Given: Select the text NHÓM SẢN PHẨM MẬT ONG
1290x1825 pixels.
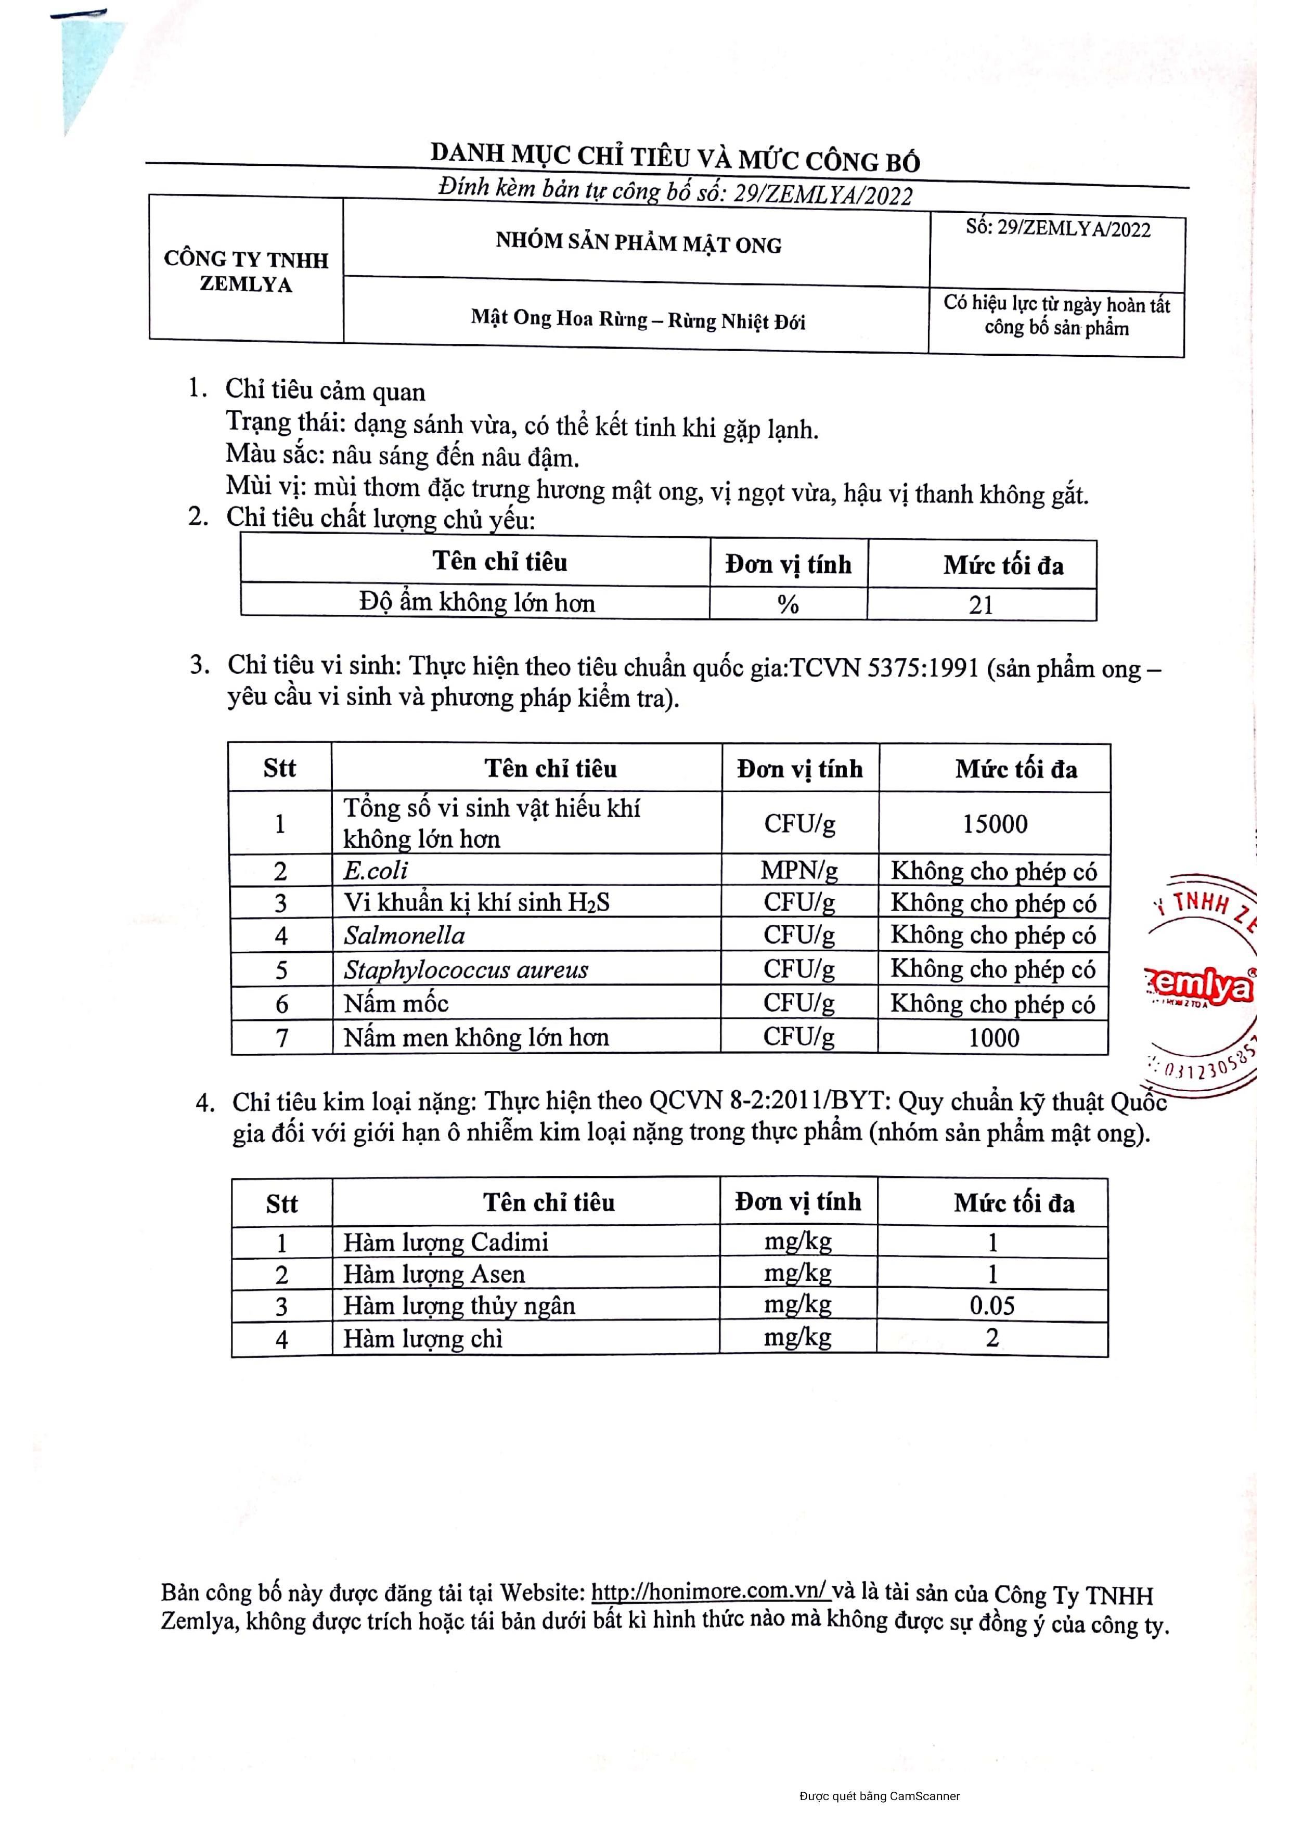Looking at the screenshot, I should click(x=638, y=243).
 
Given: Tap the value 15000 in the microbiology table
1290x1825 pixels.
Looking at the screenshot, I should click(x=995, y=824).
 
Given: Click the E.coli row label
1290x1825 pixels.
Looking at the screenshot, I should click(x=376, y=870).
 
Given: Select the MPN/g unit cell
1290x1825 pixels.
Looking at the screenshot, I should click(x=799, y=870).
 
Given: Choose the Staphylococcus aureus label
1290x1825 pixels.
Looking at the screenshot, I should click(x=466, y=970).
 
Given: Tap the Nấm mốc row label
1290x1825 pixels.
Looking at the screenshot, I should click(x=396, y=1003).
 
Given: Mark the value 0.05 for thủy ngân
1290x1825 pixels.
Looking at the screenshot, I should click(x=992, y=1306).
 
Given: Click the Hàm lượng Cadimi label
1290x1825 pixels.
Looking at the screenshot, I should click(x=446, y=1241).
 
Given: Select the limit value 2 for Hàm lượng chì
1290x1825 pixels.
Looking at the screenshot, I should click(x=992, y=1339).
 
